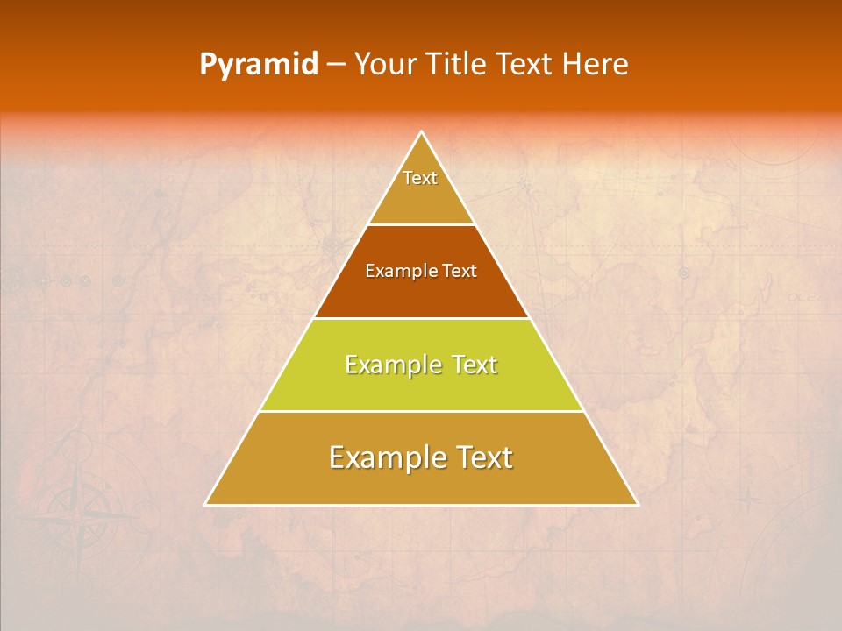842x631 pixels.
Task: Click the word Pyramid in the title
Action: point(258,65)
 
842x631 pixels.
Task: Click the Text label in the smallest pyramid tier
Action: point(420,178)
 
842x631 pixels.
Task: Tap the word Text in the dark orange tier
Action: point(460,271)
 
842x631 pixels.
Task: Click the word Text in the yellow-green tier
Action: point(475,365)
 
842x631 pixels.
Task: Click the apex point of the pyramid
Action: point(422,132)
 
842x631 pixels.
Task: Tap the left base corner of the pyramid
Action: point(206,504)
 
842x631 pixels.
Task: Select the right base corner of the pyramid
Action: point(637,504)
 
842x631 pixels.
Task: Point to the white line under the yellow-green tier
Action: point(421,411)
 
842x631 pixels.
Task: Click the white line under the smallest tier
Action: point(421,224)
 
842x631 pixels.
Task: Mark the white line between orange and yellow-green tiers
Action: point(421,318)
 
